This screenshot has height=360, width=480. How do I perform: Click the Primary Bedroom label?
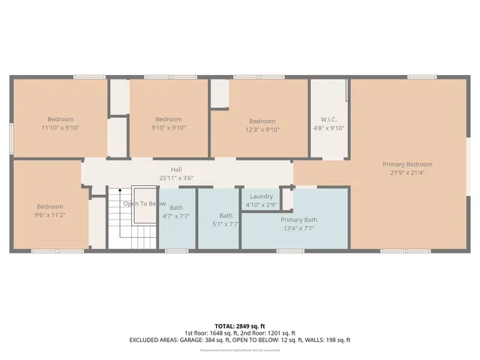(407, 164)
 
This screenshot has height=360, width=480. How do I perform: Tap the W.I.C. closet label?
(328, 119)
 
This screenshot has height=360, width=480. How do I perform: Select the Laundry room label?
(261, 196)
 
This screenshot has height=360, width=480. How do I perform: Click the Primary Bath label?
(299, 220)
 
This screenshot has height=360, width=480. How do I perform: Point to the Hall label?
(175, 169)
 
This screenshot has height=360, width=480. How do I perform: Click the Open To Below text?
(145, 203)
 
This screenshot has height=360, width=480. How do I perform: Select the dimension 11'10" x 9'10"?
(60, 128)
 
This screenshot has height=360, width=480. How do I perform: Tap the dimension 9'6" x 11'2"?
(50, 215)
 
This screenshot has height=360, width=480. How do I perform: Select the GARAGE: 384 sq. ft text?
(208, 340)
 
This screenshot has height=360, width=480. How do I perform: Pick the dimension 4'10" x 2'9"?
(261, 205)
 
